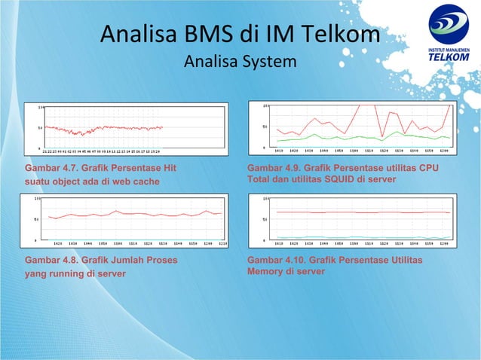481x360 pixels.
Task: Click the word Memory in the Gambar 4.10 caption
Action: tap(265, 271)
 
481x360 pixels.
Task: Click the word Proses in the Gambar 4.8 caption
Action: tap(162, 260)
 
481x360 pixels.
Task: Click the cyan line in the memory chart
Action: tap(362, 237)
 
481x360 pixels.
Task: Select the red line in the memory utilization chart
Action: tap(362, 212)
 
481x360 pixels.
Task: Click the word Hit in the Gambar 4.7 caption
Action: tap(177, 167)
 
